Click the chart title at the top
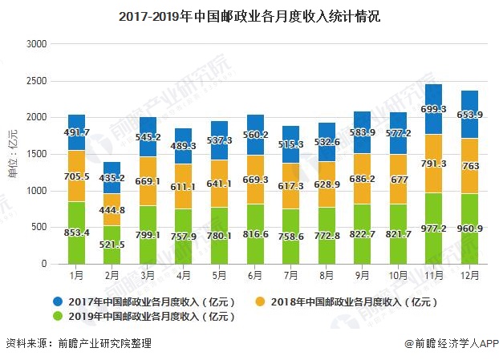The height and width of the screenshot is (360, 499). pyautogui.click(x=249, y=14)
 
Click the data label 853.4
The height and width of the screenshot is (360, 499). pyautogui.click(x=77, y=233)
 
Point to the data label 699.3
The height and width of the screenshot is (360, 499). pyautogui.click(x=434, y=108)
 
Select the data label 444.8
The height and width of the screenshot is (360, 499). pyautogui.click(x=113, y=210)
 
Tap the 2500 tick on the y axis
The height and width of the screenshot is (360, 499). pyautogui.click(x=38, y=81)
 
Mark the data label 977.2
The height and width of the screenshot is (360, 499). pyautogui.click(x=434, y=227)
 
